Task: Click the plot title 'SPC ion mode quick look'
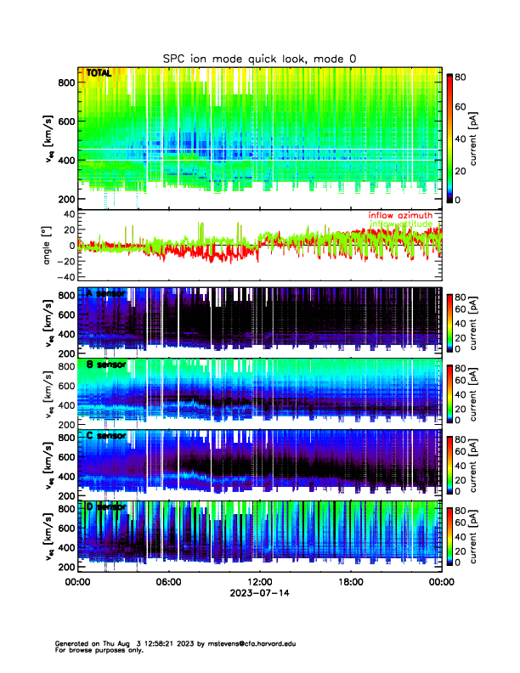click(x=259, y=58)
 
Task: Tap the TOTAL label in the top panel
click(x=99, y=74)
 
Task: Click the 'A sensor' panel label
click(x=106, y=294)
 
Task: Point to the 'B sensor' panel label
click(x=106, y=365)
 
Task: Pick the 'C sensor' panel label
click(x=106, y=436)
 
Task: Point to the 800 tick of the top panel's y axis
click(x=66, y=82)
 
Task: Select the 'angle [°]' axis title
click(x=48, y=246)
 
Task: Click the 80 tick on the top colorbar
click(x=462, y=76)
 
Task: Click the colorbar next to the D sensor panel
click(x=450, y=536)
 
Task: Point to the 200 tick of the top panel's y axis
click(x=66, y=200)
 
